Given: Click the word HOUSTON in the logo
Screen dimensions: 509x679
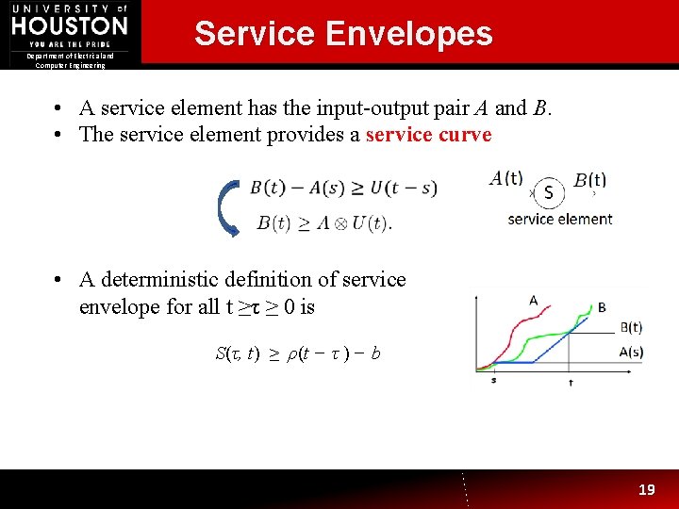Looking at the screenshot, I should pos(70,25).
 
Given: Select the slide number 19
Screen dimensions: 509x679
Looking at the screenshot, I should pos(646,490).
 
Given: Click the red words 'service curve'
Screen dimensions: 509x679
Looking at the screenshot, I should pos(428,134).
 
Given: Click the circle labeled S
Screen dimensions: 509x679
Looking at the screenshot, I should pos(549,193).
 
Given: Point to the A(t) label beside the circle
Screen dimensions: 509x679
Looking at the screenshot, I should pos(507,177).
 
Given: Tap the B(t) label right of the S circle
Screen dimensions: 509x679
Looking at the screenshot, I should pos(589,180).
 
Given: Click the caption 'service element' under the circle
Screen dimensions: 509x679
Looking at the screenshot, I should pos(560,219).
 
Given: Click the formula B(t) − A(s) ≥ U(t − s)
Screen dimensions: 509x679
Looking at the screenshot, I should pos(343,188).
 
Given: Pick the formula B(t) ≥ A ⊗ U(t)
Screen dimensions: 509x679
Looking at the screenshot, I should pos(323,223).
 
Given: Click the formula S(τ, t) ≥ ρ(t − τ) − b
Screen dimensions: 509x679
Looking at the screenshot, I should pos(298,353).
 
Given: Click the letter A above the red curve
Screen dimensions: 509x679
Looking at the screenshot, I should pos(533,301).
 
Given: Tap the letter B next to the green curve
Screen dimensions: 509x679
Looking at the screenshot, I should pos(602,307).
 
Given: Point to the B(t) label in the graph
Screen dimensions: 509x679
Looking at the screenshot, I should pos(631,328).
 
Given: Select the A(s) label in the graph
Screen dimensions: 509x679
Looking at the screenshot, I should pos(631,352).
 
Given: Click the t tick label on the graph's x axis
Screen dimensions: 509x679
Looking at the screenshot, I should pos(571,383).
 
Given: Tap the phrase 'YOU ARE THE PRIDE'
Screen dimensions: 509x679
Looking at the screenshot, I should pos(70,44).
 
